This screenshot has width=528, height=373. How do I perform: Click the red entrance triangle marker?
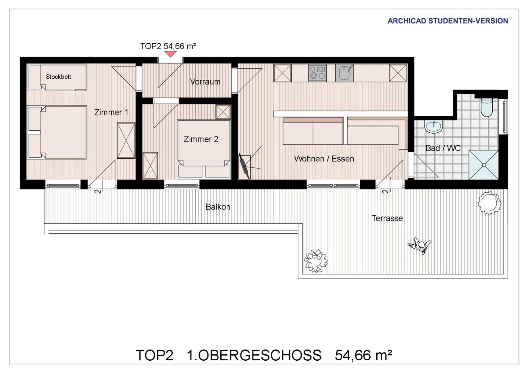pos(170,54)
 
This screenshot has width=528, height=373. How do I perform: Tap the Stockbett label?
pos(58,77)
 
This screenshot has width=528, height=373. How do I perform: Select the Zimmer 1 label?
pos(111,112)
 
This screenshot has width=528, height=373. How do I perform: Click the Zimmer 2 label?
pos(201,139)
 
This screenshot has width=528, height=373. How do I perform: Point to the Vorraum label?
pos(205,82)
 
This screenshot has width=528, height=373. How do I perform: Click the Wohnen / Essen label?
pos(324,159)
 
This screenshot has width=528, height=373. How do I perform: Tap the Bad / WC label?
pos(443,148)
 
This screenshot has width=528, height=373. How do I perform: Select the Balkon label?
pos(218,207)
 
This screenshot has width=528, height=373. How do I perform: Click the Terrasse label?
pos(387,218)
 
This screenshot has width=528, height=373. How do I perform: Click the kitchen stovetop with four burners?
pos(317,73)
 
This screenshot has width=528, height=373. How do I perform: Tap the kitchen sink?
pos(344,73)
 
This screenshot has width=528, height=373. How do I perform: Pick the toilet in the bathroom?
pos(486,107)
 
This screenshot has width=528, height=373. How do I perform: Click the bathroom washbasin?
pos(433,126)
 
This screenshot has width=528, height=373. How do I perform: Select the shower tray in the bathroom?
pos(484,165)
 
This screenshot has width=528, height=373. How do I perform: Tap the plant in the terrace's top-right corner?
pos(489,203)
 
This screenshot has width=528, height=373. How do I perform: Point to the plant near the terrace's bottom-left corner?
pos(316,261)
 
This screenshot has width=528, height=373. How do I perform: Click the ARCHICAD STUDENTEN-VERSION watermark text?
pos(448,21)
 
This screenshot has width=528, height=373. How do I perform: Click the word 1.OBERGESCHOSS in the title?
pos(254,355)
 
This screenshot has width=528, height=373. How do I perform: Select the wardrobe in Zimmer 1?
pos(126,140)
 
